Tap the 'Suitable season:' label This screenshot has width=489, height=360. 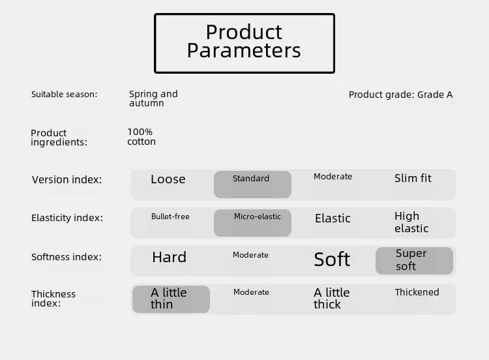[x=65, y=94]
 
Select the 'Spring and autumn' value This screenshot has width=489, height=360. [x=153, y=98]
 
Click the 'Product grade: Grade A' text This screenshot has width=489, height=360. [x=400, y=95]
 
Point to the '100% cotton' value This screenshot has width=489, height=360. [x=141, y=137]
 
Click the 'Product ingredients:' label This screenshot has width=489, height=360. [x=59, y=138]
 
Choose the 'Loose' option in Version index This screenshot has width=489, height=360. [x=168, y=179]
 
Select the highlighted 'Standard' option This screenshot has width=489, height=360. [x=252, y=185]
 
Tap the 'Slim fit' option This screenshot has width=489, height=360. [x=413, y=178]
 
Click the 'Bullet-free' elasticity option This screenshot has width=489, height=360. [x=170, y=217]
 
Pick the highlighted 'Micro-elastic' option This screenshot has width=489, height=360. [x=252, y=223]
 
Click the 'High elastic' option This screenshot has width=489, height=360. [x=411, y=222]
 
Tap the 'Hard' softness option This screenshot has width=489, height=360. [x=169, y=258]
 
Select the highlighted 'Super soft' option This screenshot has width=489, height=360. [x=414, y=261]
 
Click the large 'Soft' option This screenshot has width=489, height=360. [x=332, y=259]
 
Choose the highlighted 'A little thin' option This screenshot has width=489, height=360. [x=171, y=299]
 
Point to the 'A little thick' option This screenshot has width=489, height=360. [x=331, y=298]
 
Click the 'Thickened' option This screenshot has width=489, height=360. [x=417, y=292]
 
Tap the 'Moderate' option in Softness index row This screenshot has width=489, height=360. [x=250, y=255]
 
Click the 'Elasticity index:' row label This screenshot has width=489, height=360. [x=67, y=218]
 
